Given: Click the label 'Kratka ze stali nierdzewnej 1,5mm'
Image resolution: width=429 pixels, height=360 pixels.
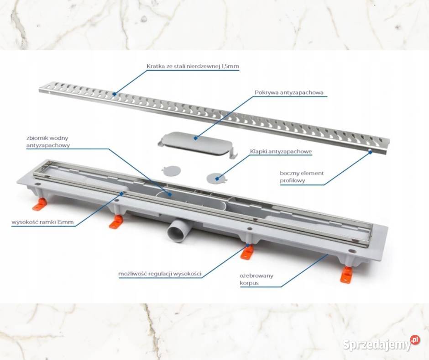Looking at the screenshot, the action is tap(193, 66).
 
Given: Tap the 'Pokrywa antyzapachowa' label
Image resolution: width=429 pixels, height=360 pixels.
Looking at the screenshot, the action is tap(289, 93).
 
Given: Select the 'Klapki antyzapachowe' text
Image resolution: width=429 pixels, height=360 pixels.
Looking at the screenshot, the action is tap(281, 152).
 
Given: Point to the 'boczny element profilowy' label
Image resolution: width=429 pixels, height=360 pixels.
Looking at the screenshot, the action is tap(302, 177).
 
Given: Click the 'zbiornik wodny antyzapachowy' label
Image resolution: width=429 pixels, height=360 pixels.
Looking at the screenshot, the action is tap(48, 142).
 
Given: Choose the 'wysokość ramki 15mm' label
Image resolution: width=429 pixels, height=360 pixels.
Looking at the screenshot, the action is tap(43, 222).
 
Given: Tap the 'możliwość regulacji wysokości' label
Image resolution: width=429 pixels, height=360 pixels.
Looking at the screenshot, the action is tap(160, 274).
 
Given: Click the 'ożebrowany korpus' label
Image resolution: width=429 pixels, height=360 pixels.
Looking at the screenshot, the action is tap(256, 279).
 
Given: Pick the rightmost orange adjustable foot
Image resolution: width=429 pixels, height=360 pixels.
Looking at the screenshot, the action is tap(347, 275).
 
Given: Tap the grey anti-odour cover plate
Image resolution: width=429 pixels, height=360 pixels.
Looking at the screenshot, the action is tap(198, 144).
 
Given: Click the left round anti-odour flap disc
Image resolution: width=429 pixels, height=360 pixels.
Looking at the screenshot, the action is tap(171, 170).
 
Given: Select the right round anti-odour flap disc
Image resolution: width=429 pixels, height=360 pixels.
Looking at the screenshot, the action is tap(217, 178).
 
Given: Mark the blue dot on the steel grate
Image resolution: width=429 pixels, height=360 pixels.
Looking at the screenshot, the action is tap(115, 94).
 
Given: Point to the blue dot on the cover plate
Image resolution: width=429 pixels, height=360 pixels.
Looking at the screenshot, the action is tap(196, 138).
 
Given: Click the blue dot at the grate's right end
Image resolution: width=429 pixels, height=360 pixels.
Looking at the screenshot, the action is tap(371, 152).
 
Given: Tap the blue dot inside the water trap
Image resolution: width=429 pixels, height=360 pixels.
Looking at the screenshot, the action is tap(170, 195).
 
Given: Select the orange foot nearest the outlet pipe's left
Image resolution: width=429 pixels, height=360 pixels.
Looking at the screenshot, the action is tap(116, 222).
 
